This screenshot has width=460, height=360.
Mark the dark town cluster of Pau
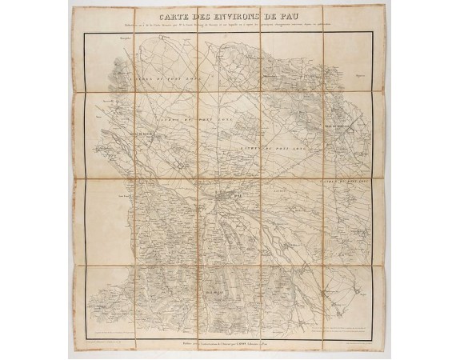click(225, 195)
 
